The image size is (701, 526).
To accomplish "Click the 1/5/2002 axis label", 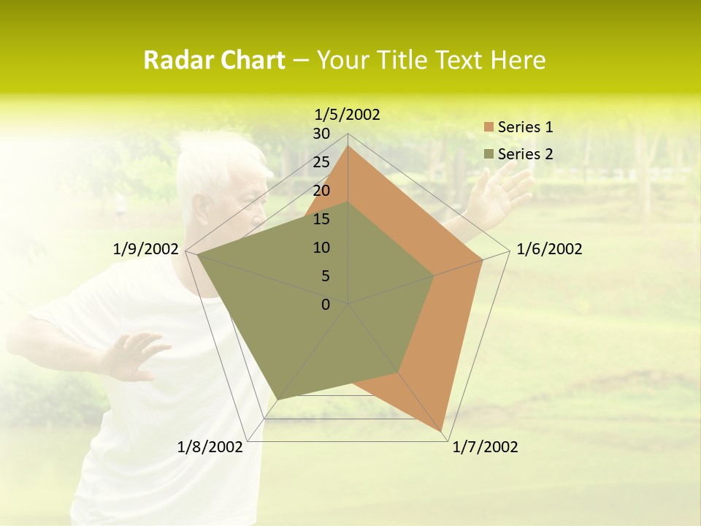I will click(x=348, y=115).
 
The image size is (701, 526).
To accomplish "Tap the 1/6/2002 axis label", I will click(x=549, y=249).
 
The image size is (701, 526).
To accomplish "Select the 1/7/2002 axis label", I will click(x=485, y=447).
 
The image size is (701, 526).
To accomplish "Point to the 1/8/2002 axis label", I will click(x=210, y=447).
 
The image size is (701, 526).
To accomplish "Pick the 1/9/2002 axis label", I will click(x=146, y=249).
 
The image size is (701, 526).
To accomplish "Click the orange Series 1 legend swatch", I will click(x=489, y=127).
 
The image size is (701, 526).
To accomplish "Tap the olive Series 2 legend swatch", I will click(x=489, y=154).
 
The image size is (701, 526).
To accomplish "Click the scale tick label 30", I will click(x=321, y=134).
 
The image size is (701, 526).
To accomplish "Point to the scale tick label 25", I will click(x=321, y=162).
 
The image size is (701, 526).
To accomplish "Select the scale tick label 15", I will click(x=321, y=219).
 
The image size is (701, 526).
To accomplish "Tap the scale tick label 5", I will click(x=326, y=276).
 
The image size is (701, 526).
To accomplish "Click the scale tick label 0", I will click(x=326, y=305).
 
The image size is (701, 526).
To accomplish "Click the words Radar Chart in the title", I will click(x=214, y=61).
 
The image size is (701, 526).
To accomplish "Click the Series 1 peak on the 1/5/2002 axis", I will click(x=348, y=146).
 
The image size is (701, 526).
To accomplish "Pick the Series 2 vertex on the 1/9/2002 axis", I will click(x=198, y=255).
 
